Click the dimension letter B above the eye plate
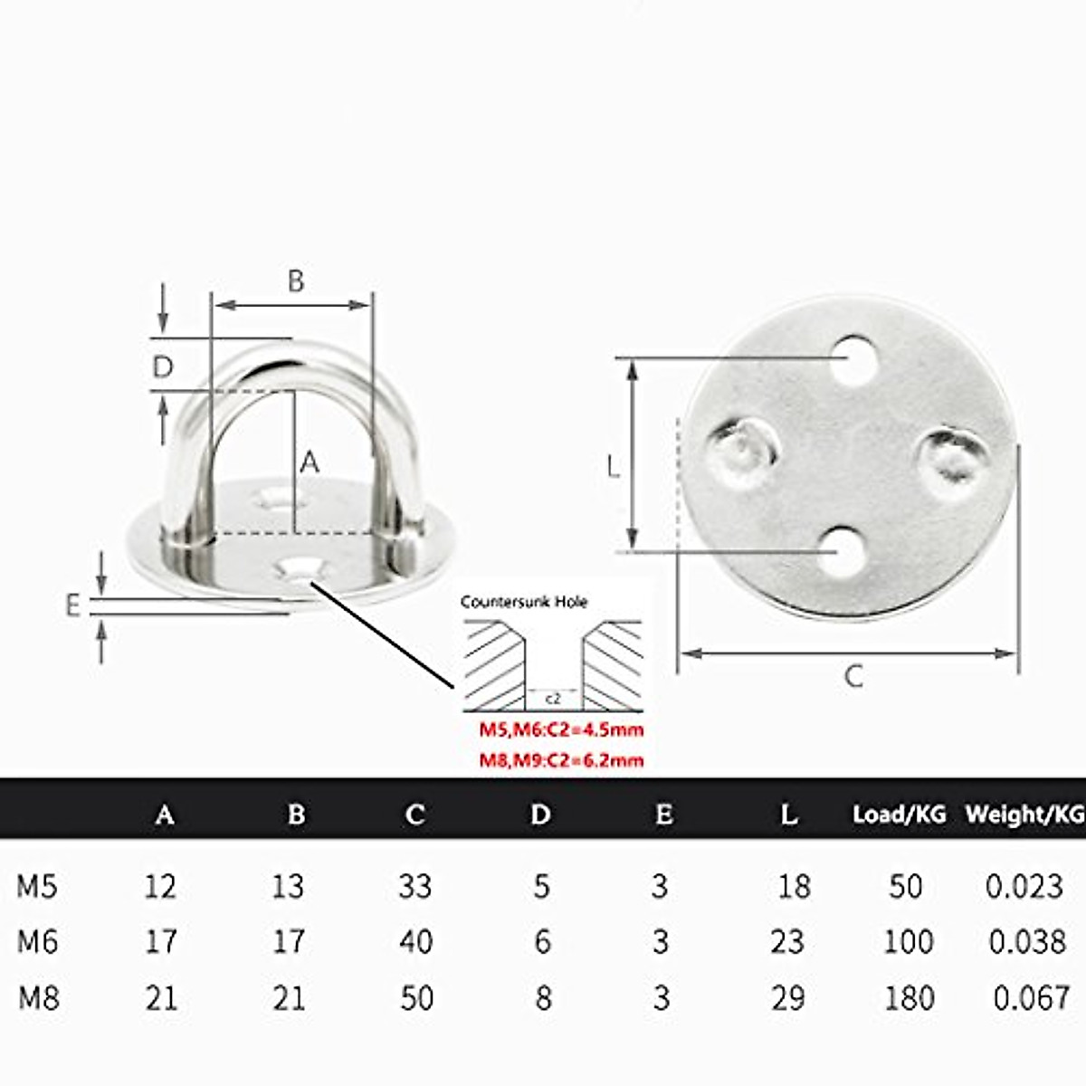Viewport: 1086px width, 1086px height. [296, 281]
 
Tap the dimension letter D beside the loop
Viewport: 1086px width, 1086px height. [163, 367]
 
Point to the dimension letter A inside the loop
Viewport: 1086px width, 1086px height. [310, 462]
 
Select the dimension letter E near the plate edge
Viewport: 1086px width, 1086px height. [73, 605]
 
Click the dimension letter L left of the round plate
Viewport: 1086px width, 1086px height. [613, 467]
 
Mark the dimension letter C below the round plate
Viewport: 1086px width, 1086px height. [853, 676]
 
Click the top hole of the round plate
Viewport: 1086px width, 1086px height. [855, 358]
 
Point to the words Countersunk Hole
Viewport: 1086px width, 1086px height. [524, 602]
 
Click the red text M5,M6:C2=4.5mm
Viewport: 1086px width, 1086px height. [561, 730]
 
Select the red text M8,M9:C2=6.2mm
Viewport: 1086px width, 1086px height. [561, 760]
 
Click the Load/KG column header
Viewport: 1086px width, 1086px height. [899, 814]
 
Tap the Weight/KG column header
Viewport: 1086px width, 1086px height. [1024, 814]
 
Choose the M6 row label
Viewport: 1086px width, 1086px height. [38, 942]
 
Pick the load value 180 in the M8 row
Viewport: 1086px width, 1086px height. [908, 998]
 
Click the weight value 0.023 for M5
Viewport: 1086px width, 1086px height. [1024, 886]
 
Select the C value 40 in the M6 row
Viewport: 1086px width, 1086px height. [415, 942]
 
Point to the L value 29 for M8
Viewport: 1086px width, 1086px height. [788, 998]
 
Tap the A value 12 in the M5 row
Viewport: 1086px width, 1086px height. [160, 886]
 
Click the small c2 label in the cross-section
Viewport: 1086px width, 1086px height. [554, 700]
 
